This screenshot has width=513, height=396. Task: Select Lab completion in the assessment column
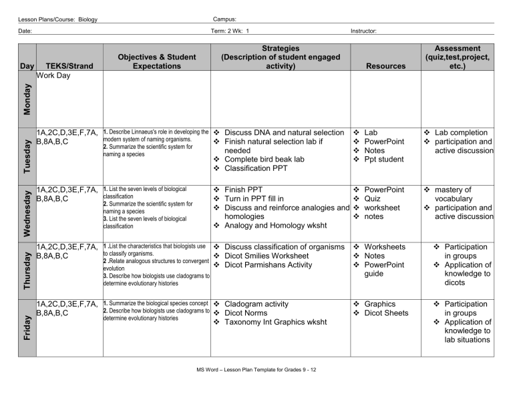click(x=463, y=133)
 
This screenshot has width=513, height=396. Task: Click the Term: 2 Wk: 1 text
click(x=230, y=30)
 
